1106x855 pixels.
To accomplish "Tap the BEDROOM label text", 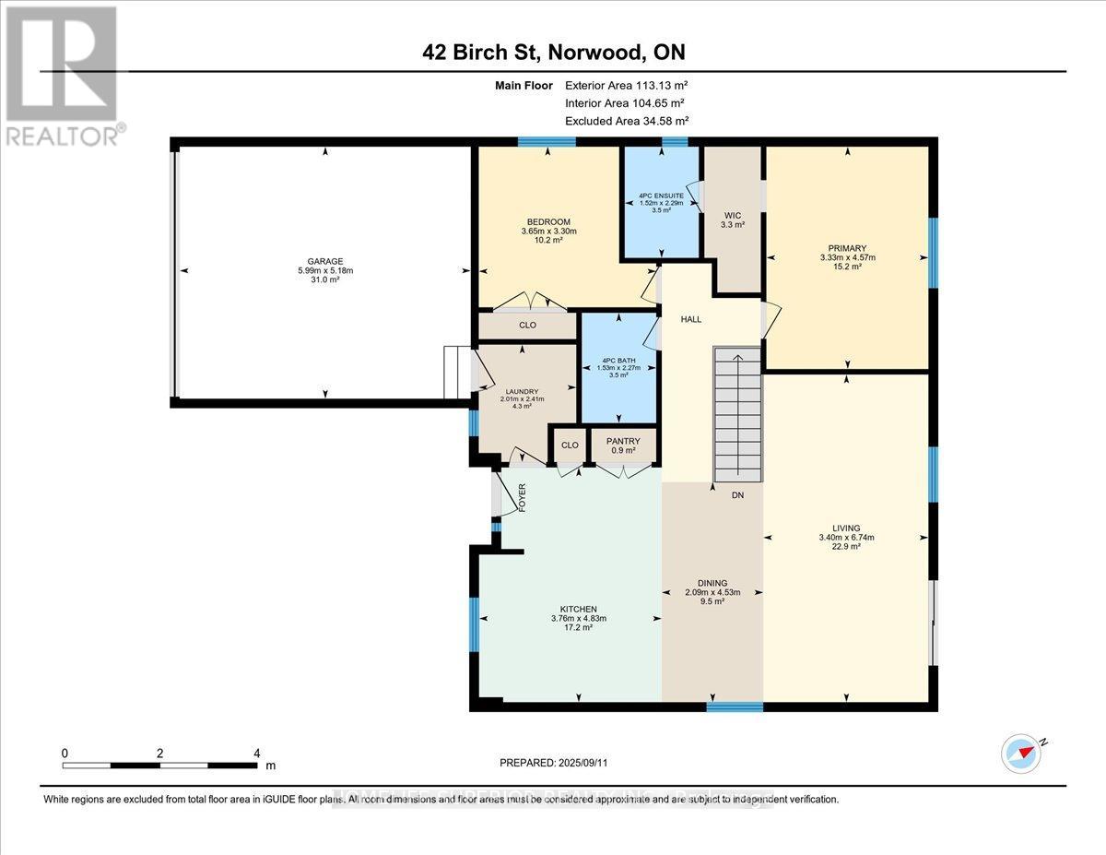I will click(x=548, y=222).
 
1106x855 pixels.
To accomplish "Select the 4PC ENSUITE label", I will click(x=661, y=196).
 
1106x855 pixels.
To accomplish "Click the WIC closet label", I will click(x=733, y=215).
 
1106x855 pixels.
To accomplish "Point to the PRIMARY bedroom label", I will click(x=846, y=247).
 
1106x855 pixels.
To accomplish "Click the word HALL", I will click(x=690, y=319).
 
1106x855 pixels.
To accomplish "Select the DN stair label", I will click(x=737, y=495).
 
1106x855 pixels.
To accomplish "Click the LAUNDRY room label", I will click(x=521, y=390).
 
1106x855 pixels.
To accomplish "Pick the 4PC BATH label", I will click(x=618, y=360).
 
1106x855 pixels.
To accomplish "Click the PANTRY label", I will click(x=623, y=441).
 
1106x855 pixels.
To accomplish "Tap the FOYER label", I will click(x=522, y=497).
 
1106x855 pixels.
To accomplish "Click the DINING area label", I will click(x=712, y=583).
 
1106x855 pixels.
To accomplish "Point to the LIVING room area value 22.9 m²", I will click(x=846, y=547).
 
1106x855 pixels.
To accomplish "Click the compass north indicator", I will click(x=1022, y=753).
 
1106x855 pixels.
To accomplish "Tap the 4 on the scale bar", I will click(x=257, y=753).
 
